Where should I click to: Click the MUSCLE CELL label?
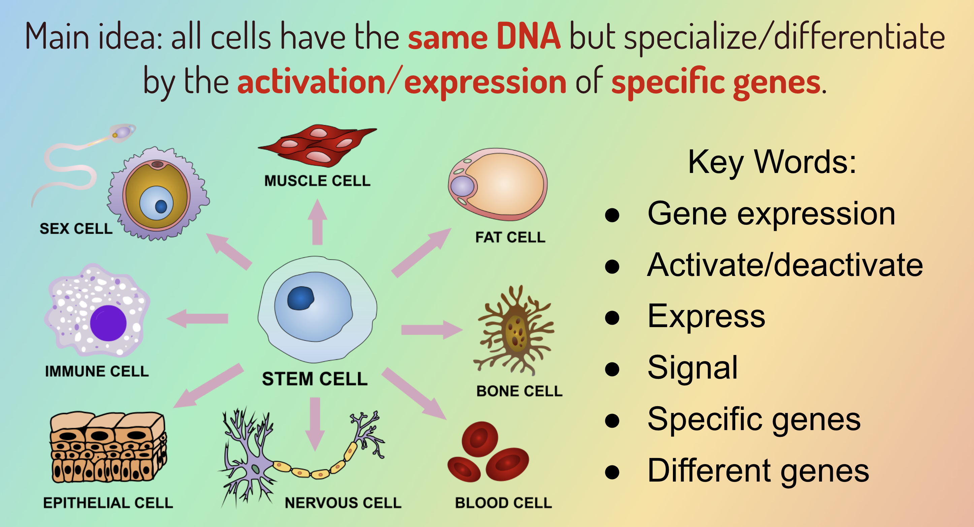tap(317, 181)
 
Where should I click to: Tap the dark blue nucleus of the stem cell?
tap(301, 298)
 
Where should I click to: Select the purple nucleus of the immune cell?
tap(108, 323)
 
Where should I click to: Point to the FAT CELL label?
tap(510, 237)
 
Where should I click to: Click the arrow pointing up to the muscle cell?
tap(317, 222)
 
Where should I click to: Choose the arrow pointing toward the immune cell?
tap(197, 318)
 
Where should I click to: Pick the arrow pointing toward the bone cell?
tap(432, 330)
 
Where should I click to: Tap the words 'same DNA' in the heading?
tap(484, 37)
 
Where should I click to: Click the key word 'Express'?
tap(706, 316)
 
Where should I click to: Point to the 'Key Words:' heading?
tap(772, 163)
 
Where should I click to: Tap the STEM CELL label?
tap(315, 379)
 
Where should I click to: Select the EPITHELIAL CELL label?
tap(108, 503)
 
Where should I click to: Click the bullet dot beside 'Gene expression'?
tap(612, 215)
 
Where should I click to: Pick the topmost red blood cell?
tap(480, 440)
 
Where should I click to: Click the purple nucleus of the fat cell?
tap(462, 186)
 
